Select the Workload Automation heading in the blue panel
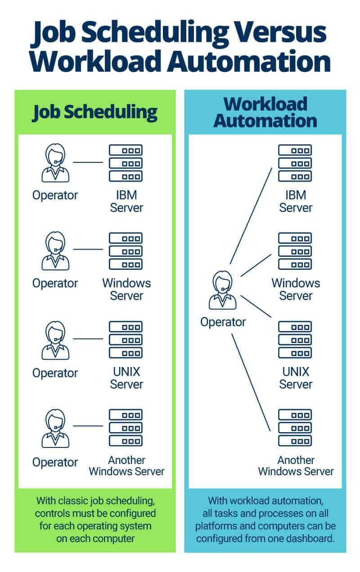point(265,112)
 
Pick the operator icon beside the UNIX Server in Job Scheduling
point(55,340)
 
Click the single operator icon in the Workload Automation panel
point(223,290)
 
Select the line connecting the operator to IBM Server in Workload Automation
point(251,216)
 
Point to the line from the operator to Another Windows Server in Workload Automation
point(251,382)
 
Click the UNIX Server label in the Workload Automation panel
point(296,378)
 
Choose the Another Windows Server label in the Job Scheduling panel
point(126,466)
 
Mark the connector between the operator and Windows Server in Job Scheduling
point(88,249)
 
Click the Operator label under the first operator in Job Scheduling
point(55,195)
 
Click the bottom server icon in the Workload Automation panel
point(295,427)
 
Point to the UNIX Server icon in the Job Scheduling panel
point(126,340)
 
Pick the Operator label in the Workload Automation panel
point(223,322)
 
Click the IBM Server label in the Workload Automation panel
point(296,201)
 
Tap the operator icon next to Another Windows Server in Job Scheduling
point(55,428)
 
